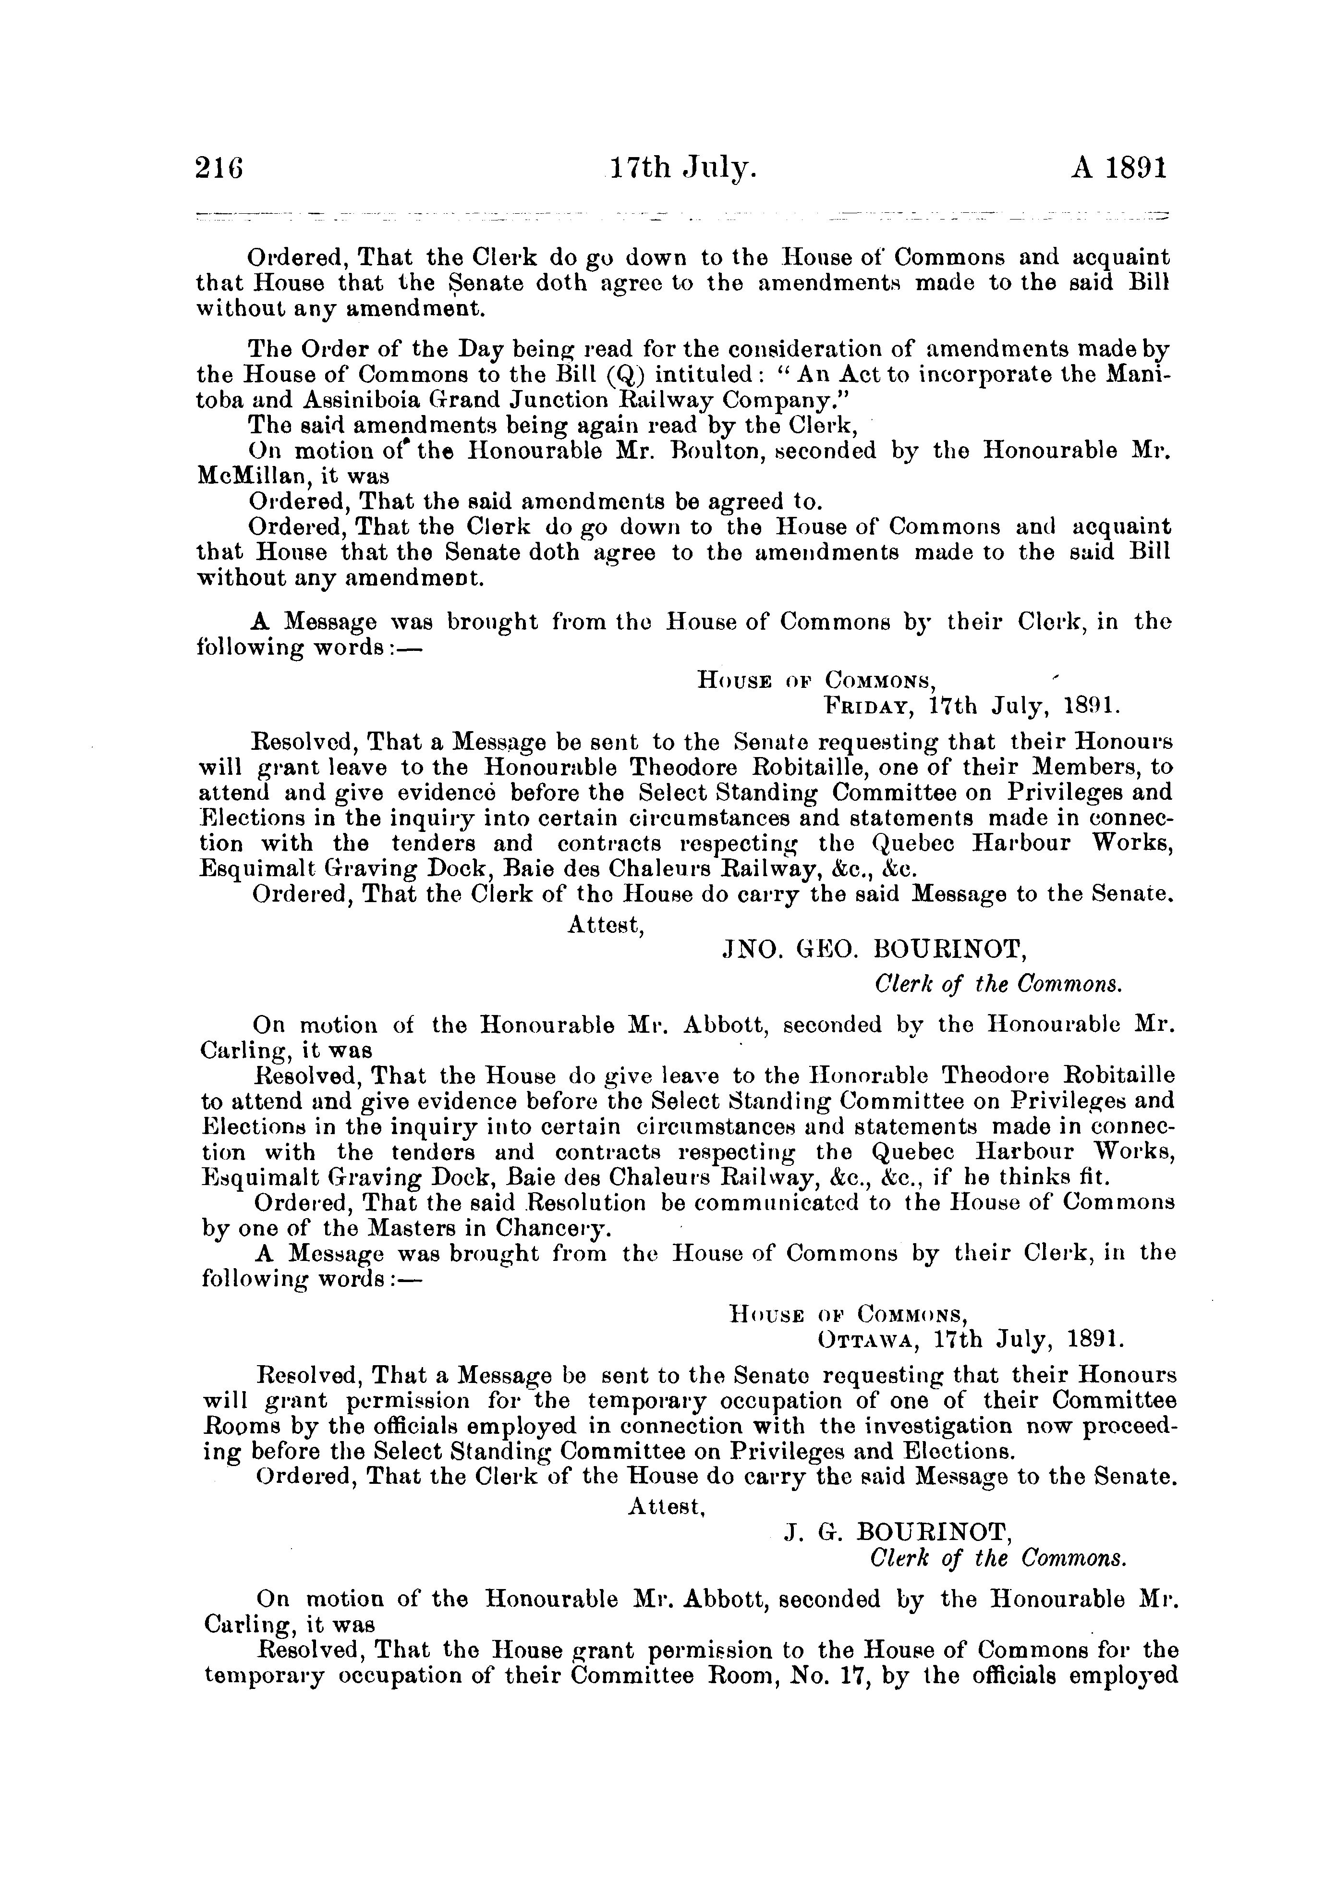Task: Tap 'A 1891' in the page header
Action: click(1119, 170)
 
